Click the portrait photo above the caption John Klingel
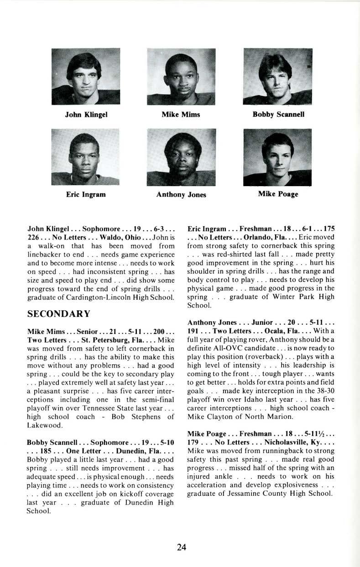[86, 76]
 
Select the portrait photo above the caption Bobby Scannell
[277, 76]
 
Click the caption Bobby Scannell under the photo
[278, 114]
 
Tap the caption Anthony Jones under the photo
[181, 195]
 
